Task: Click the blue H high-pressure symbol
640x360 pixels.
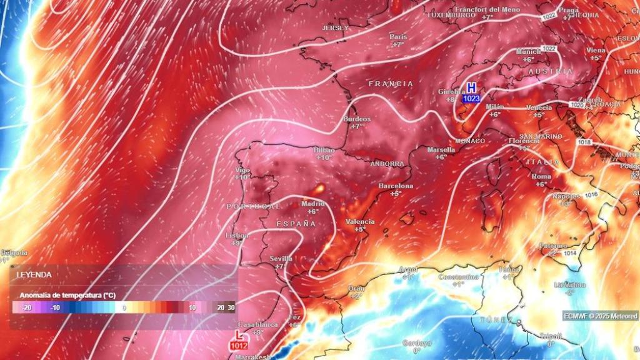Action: tap(471, 88)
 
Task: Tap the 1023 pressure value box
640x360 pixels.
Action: tap(471, 98)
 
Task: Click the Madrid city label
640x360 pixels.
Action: tap(313, 204)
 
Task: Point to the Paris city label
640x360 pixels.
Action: tap(398, 36)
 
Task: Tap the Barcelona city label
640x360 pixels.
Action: tap(396, 186)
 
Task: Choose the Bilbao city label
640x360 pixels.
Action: tap(324, 150)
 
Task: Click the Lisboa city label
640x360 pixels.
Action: tap(236, 235)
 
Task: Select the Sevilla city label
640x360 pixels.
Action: tap(281, 258)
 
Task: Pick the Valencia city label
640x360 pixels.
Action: tap(360, 221)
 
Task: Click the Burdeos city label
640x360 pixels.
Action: tap(357, 119)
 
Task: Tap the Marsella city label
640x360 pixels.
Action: tap(441, 149)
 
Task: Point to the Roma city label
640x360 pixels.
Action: tap(541, 176)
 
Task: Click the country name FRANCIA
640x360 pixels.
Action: tap(391, 84)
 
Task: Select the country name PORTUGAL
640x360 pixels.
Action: tap(253, 206)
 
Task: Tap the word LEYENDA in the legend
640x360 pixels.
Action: tap(34, 274)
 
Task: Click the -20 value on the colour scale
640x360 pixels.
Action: tap(26, 307)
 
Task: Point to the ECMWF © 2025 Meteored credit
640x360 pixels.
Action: tap(600, 316)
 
